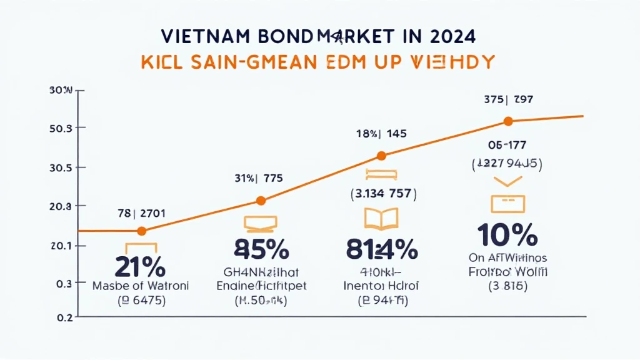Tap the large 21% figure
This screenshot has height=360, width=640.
(x=140, y=267)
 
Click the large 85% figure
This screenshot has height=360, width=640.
(x=261, y=250)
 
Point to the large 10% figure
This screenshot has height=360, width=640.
(x=507, y=236)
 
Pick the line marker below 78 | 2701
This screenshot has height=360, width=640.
(x=141, y=231)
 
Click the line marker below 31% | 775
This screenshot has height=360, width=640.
(x=261, y=201)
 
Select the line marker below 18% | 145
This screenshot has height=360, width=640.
(x=382, y=156)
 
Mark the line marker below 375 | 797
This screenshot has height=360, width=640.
(x=507, y=121)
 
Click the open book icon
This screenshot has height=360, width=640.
(x=380, y=218)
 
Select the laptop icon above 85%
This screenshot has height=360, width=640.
(x=261, y=222)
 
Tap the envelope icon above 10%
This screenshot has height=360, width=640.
(x=507, y=203)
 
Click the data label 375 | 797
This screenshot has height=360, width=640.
(x=508, y=99)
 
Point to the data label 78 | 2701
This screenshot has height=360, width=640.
(x=141, y=212)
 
